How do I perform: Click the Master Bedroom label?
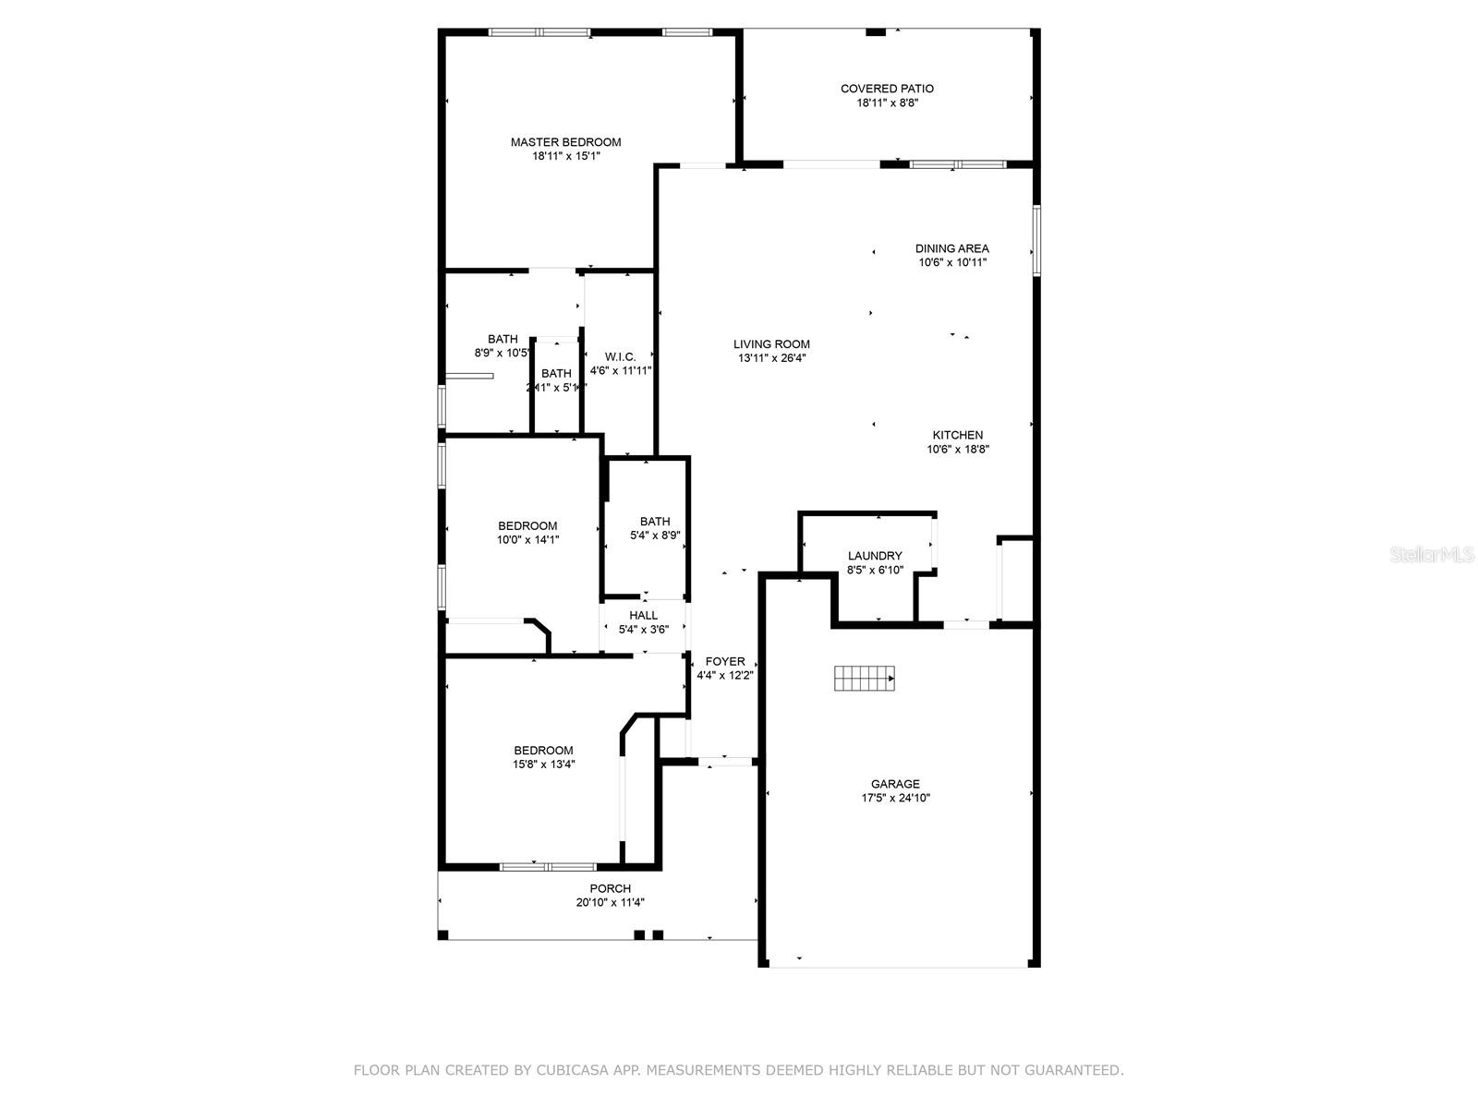click(565, 142)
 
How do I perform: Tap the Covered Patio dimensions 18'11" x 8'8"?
click(887, 103)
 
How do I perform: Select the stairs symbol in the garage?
click(865, 678)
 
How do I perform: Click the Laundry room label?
click(875, 556)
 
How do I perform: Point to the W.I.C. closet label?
click(620, 356)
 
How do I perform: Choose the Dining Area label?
click(951, 248)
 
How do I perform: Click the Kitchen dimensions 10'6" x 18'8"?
click(958, 450)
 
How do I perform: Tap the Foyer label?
click(725, 661)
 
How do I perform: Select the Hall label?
click(643, 615)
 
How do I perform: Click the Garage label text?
click(894, 784)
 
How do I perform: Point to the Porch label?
click(610, 888)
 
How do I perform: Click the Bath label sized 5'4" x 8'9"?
click(655, 522)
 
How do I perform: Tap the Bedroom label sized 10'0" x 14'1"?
click(527, 526)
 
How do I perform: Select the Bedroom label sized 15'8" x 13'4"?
click(543, 751)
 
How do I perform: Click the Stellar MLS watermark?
click(1432, 555)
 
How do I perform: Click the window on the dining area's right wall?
click(1036, 240)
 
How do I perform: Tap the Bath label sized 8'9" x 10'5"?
click(503, 339)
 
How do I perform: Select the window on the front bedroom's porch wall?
click(548, 866)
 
